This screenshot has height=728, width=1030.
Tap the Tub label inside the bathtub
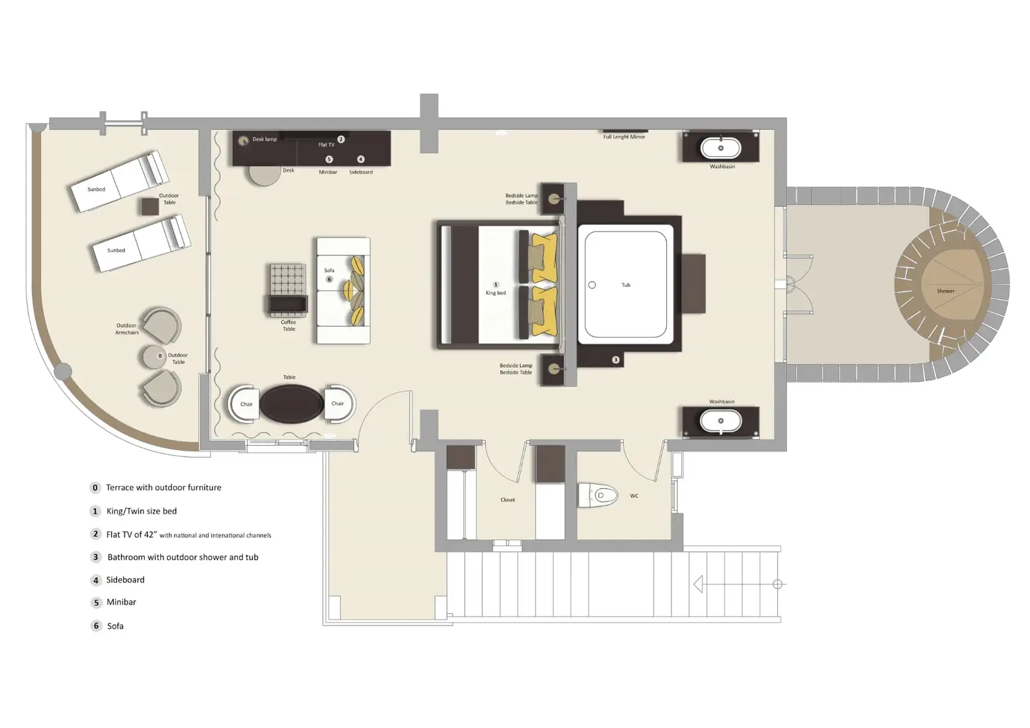click(x=626, y=285)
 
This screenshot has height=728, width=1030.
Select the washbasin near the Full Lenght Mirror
click(x=720, y=148)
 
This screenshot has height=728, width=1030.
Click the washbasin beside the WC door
click(x=720, y=421)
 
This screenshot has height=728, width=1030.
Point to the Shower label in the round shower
click(x=945, y=291)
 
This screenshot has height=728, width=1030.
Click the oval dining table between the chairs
click(x=292, y=404)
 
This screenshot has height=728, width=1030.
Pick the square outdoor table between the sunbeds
click(x=149, y=206)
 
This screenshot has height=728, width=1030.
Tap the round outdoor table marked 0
click(x=155, y=356)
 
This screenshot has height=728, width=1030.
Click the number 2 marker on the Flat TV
click(x=341, y=139)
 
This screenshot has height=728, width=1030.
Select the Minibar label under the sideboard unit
click(x=328, y=172)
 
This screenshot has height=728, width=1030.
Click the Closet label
click(x=507, y=500)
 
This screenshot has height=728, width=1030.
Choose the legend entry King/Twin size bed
click(x=142, y=511)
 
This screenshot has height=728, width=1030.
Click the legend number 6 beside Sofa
click(x=96, y=626)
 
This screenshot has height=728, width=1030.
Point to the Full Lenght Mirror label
click(x=624, y=137)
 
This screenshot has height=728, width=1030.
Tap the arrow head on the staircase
click(x=698, y=584)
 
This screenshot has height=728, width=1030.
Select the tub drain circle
click(x=592, y=285)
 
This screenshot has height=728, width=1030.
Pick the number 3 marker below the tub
click(x=615, y=359)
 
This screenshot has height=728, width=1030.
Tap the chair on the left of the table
click(x=245, y=404)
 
